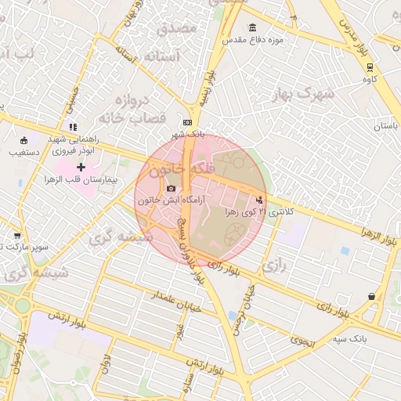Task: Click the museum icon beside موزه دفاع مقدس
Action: [252, 28]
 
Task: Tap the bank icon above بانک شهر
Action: [187, 123]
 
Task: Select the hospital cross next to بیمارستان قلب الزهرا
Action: [81, 167]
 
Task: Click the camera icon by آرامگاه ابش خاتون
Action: [172, 189]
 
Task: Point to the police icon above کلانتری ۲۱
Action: [259, 199]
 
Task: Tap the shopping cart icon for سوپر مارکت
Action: [17, 235]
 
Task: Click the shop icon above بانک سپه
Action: [370, 296]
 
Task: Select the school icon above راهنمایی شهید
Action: [73, 126]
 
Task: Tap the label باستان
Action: [385, 126]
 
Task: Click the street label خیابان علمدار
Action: [179, 302]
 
